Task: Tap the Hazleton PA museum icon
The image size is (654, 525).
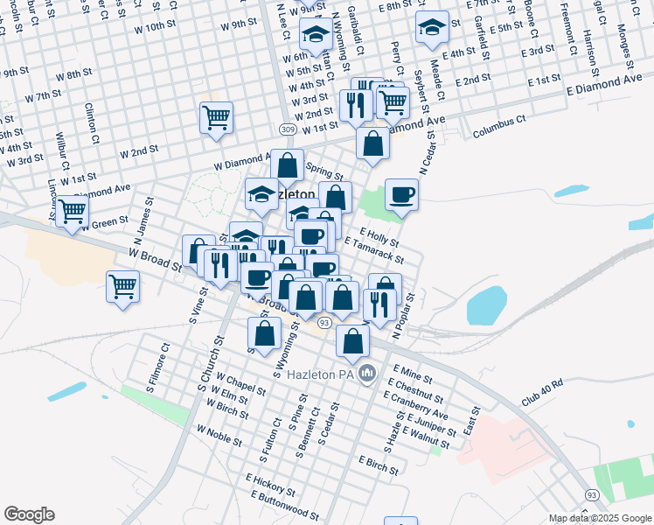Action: (368, 374)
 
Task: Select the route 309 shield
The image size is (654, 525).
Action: (288, 129)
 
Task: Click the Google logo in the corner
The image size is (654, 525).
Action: (29, 514)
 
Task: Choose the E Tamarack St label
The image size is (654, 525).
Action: (374, 249)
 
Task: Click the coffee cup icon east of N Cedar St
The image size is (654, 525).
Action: (401, 194)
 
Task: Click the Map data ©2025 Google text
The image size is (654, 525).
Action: (600, 518)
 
